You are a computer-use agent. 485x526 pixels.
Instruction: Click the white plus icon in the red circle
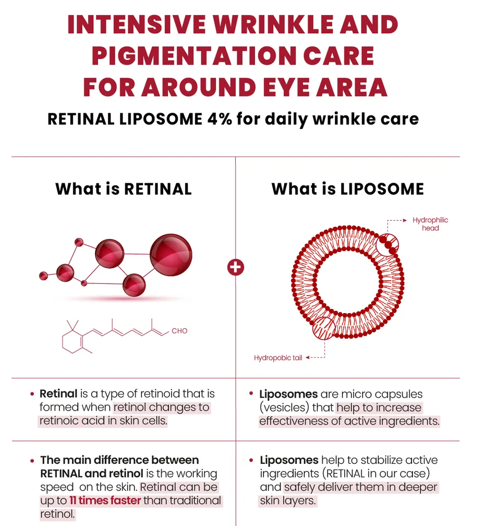pos(236,268)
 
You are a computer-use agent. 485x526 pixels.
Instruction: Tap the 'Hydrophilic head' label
pos(430,224)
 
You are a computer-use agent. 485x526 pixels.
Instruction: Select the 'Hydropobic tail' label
pos(278,358)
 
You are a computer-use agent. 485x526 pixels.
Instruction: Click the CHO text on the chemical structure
pos(179,331)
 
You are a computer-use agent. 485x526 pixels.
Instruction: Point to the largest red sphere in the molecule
pos(171,255)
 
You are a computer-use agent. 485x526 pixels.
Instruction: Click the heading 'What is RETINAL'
pos(124,188)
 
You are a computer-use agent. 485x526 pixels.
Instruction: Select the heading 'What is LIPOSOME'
pos(347,188)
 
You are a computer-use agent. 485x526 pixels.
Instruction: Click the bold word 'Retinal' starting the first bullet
pos(58,394)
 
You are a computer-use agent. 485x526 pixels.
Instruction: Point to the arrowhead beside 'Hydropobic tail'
pos(308,358)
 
